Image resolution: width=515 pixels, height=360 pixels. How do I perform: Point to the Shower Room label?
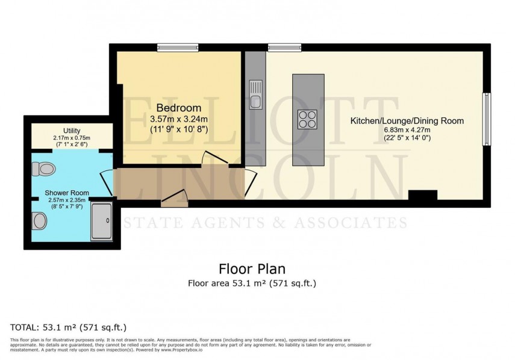pos(67,193)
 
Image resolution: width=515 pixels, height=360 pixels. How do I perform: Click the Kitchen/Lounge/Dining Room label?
pos(407,121)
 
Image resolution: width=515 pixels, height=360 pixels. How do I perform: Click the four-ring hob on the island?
pos(307,119)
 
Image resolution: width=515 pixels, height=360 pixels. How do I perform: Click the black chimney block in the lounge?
pos(422,195)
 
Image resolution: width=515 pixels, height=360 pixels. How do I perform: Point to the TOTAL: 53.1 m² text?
pos(69,327)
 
